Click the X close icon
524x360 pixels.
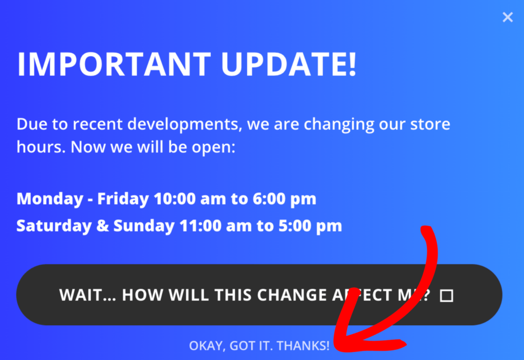tap(507, 17)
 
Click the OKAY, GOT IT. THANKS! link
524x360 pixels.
tap(259, 346)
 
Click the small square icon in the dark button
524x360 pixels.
tap(447, 296)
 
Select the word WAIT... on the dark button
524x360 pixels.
tap(87, 296)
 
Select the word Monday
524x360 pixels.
tap(49, 199)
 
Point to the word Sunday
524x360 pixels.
tap(143, 226)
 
